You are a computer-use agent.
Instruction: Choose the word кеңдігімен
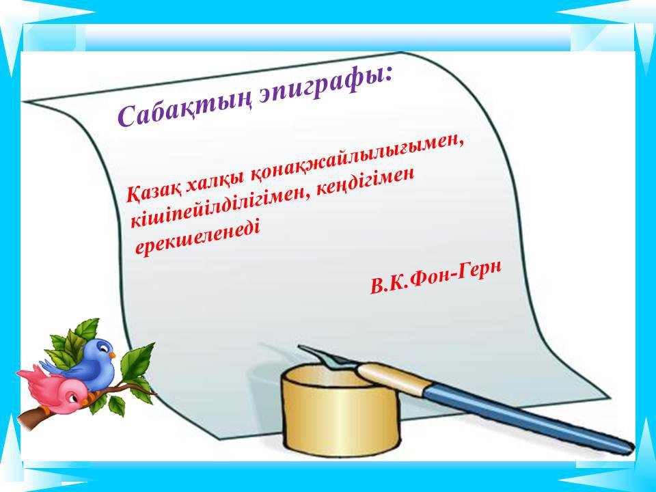(365, 182)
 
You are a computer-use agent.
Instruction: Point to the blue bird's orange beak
(111, 355)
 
